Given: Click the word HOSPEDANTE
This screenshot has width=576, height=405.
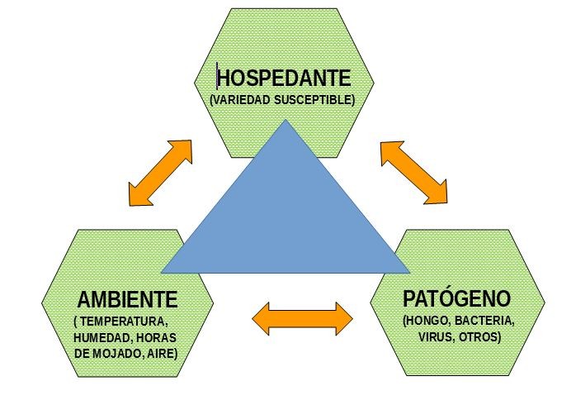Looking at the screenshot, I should point(285,78).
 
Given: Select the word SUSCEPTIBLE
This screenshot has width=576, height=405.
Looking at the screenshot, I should point(316,100).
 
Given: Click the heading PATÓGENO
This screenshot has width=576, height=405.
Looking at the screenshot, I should point(456,298).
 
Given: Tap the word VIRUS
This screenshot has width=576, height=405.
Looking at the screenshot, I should point(435,337).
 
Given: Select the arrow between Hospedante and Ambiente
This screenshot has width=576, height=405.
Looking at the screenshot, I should point(161,173).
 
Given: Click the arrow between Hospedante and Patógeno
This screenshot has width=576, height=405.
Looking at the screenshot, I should point(414,172).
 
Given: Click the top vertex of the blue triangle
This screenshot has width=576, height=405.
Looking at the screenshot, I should point(286,122).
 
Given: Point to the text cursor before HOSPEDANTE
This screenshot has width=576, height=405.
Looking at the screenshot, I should point(217,78).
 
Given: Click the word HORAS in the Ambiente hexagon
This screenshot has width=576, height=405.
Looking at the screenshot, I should point(158,337).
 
